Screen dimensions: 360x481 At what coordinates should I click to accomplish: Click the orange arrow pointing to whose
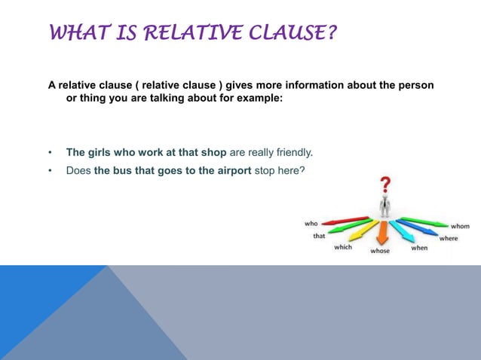pyautogui.click(x=382, y=231)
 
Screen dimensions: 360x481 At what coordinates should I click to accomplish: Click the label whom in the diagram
pyautogui.click(x=460, y=226)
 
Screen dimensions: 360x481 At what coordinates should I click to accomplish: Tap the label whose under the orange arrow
pyautogui.click(x=380, y=251)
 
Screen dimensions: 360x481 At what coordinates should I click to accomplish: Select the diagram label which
pyautogui.click(x=343, y=247)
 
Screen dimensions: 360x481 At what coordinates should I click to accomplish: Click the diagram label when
pyautogui.click(x=419, y=247)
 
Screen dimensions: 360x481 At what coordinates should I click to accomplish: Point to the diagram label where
pyautogui.click(x=449, y=238)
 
